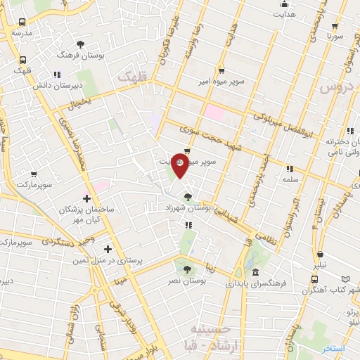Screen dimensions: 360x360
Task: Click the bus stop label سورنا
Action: [333, 34]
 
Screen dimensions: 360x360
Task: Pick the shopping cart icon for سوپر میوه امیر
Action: [221, 70]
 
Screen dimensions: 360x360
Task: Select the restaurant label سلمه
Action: [289, 180]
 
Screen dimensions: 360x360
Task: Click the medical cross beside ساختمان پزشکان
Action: [86, 199]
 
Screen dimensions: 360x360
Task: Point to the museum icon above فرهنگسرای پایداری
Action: [255, 272]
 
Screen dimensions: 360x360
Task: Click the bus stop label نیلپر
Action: [320, 267]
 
